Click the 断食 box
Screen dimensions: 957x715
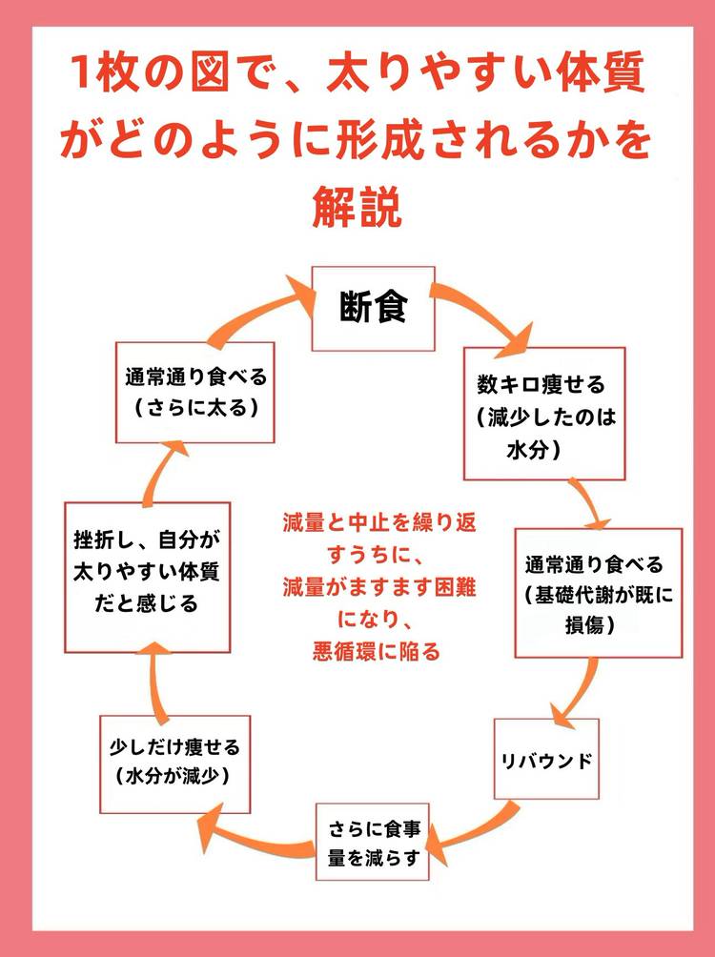(374, 308)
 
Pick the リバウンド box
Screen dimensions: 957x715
(546, 759)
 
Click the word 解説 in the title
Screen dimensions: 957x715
(357, 205)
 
